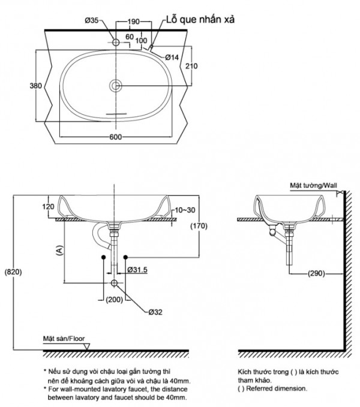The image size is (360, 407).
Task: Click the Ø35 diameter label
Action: (x=92, y=21)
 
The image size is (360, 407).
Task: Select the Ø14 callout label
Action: (x=172, y=57)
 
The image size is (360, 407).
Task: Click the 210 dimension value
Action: (x=191, y=66)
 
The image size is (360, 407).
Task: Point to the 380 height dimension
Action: (x=35, y=86)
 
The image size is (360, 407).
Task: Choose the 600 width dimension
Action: (x=116, y=137)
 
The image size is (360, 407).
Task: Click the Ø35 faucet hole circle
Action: (x=115, y=43)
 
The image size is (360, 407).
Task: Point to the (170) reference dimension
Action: (x=199, y=226)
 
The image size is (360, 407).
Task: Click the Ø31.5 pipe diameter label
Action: (x=139, y=270)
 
